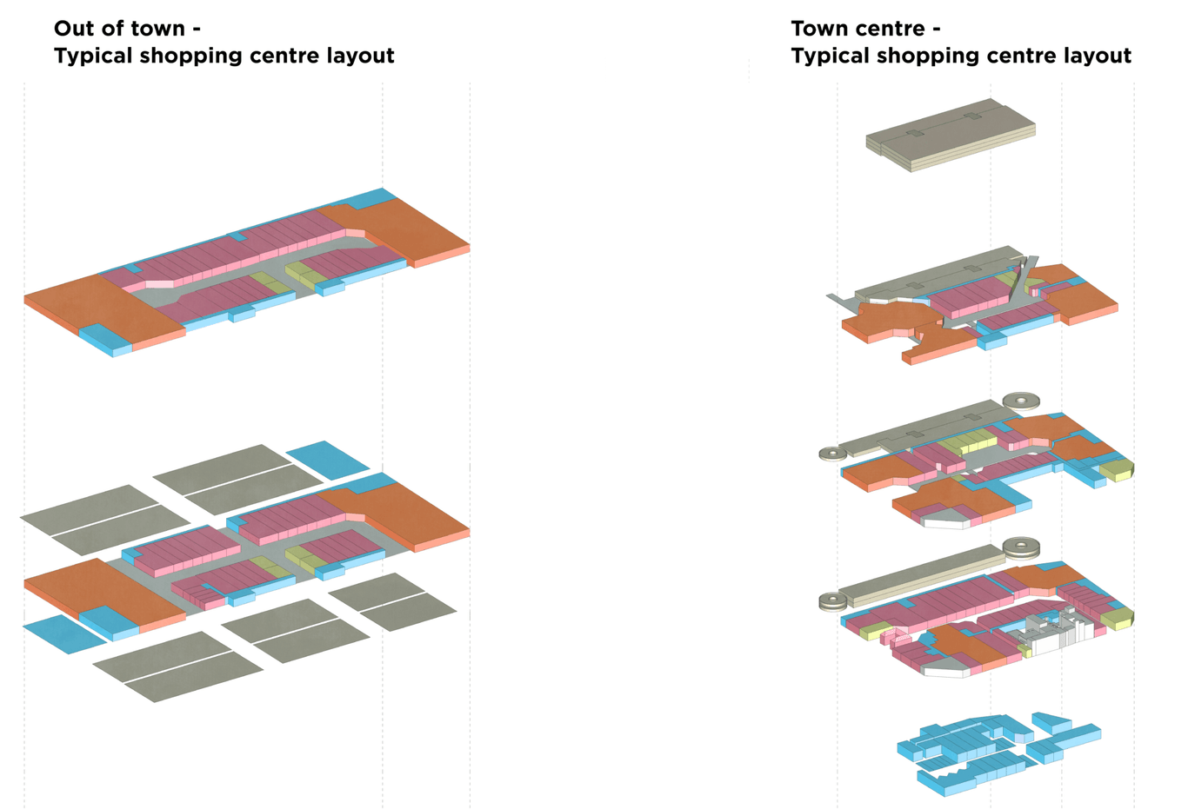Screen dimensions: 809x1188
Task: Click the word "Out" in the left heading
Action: point(76,29)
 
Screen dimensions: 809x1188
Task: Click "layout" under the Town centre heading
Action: point(1096,56)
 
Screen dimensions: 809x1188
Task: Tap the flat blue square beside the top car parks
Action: point(327,459)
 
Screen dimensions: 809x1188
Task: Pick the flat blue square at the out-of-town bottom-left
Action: point(63,633)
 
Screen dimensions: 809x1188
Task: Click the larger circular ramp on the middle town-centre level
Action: point(1021,401)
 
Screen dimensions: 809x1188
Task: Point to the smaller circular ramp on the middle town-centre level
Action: point(832,453)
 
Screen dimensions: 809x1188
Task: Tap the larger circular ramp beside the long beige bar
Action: point(1021,547)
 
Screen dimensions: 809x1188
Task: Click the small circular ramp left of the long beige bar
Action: point(832,600)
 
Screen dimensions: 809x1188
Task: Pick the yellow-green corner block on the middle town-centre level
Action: point(1117,470)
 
